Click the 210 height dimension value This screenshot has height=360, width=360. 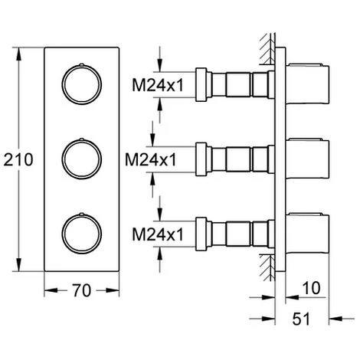(18, 159)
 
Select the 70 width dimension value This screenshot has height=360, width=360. (82, 290)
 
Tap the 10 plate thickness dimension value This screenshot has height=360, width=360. (311, 288)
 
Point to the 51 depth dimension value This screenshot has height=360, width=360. (301, 319)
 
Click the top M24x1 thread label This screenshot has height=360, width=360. (158, 85)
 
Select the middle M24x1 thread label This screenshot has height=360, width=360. (151, 160)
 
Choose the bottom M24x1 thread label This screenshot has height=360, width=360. (158, 234)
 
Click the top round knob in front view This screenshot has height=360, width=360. (82, 84)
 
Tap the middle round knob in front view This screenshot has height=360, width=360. (82, 159)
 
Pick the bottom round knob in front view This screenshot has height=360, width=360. (82, 234)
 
